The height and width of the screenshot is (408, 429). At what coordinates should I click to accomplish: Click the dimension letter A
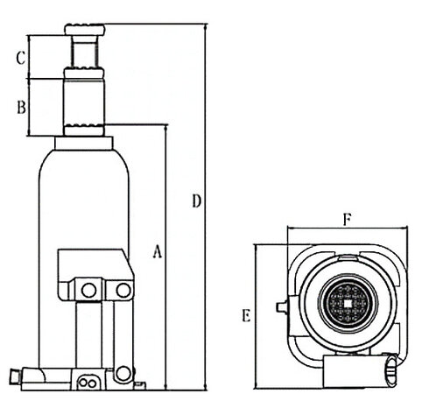(x=158, y=251)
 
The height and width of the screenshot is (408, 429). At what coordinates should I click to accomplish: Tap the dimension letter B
(x=21, y=107)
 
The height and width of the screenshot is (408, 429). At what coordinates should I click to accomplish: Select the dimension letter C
(x=21, y=58)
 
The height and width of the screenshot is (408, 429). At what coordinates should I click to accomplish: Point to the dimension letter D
(x=197, y=200)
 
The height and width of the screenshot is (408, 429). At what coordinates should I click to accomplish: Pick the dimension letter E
(x=246, y=315)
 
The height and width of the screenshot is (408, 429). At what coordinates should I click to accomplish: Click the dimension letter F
(x=347, y=220)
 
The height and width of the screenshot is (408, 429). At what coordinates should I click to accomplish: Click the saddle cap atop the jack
(x=85, y=30)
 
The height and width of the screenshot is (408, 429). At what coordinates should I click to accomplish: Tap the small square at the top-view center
(x=348, y=304)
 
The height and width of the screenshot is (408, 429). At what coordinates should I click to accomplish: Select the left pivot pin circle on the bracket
(x=88, y=290)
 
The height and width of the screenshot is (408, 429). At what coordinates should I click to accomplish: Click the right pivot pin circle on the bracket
(x=123, y=290)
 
